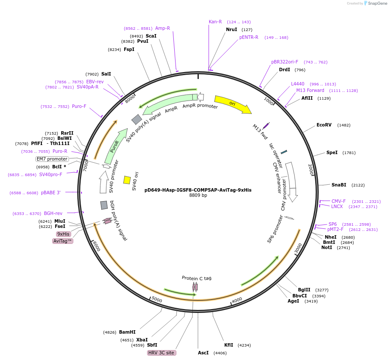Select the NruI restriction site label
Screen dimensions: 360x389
pos(232,29)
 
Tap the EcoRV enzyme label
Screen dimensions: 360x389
pos(324,125)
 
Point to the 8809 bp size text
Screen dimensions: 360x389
pos(198,196)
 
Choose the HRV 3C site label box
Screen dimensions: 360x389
pos(161,353)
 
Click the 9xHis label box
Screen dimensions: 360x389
pos(63,234)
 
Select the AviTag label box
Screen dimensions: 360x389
pos(63,241)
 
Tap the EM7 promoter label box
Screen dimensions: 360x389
pos(52,159)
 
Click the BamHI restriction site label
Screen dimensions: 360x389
pos(127,332)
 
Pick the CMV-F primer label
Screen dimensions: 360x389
pos(339,201)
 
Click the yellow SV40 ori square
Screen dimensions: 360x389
pos(127,180)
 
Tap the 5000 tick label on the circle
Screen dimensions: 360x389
pos(157,300)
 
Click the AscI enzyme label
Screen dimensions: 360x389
pos(203,353)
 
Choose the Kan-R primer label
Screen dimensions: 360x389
pos(215,22)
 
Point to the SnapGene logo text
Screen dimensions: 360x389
pos(377,3)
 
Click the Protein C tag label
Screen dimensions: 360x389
pos(196,278)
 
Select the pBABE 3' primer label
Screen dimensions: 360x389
pos(51,193)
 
